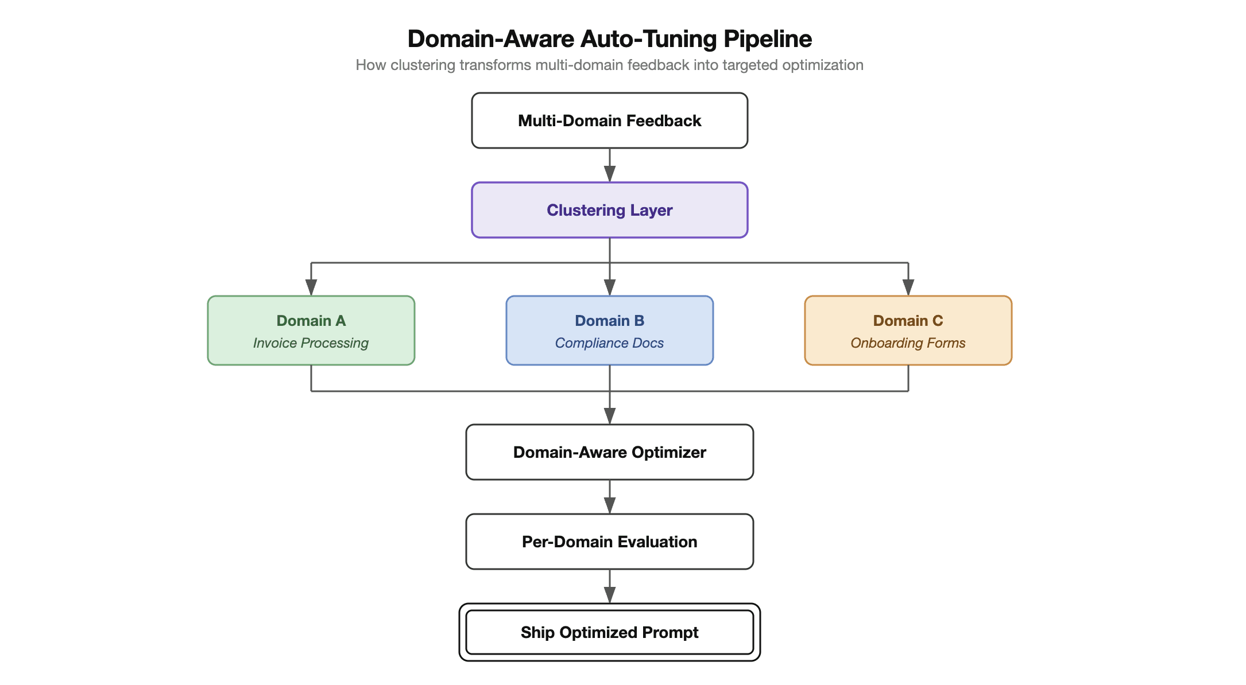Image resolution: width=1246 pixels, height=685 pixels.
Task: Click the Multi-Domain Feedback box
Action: click(x=609, y=120)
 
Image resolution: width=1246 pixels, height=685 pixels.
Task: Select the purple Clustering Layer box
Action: click(x=609, y=210)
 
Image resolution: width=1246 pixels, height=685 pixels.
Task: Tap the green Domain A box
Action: click(x=311, y=330)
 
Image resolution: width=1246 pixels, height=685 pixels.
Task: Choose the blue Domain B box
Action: click(x=609, y=330)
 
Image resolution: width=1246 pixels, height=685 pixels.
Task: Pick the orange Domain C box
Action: click(x=908, y=330)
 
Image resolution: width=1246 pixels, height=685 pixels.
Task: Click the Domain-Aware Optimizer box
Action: click(x=609, y=452)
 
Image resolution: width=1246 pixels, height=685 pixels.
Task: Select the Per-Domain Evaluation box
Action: click(x=609, y=542)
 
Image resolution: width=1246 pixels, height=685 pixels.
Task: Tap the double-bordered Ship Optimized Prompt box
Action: click(x=609, y=632)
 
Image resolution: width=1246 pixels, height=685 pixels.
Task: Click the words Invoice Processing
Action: click(x=311, y=343)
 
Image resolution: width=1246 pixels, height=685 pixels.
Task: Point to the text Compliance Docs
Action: click(x=609, y=343)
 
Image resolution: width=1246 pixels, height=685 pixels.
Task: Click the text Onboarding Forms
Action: click(x=908, y=343)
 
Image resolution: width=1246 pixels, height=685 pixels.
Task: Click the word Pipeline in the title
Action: click(x=767, y=39)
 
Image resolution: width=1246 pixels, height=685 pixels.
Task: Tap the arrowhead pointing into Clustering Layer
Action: click(x=610, y=174)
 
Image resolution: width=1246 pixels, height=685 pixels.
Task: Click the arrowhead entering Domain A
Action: click(x=311, y=287)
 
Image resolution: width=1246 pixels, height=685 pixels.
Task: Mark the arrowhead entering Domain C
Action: click(x=908, y=287)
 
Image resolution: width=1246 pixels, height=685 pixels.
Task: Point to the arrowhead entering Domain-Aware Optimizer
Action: click(x=610, y=415)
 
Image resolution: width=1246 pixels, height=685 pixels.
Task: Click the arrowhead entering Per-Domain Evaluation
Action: click(x=610, y=505)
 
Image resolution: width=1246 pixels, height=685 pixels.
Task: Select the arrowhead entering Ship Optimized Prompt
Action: click(x=610, y=595)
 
